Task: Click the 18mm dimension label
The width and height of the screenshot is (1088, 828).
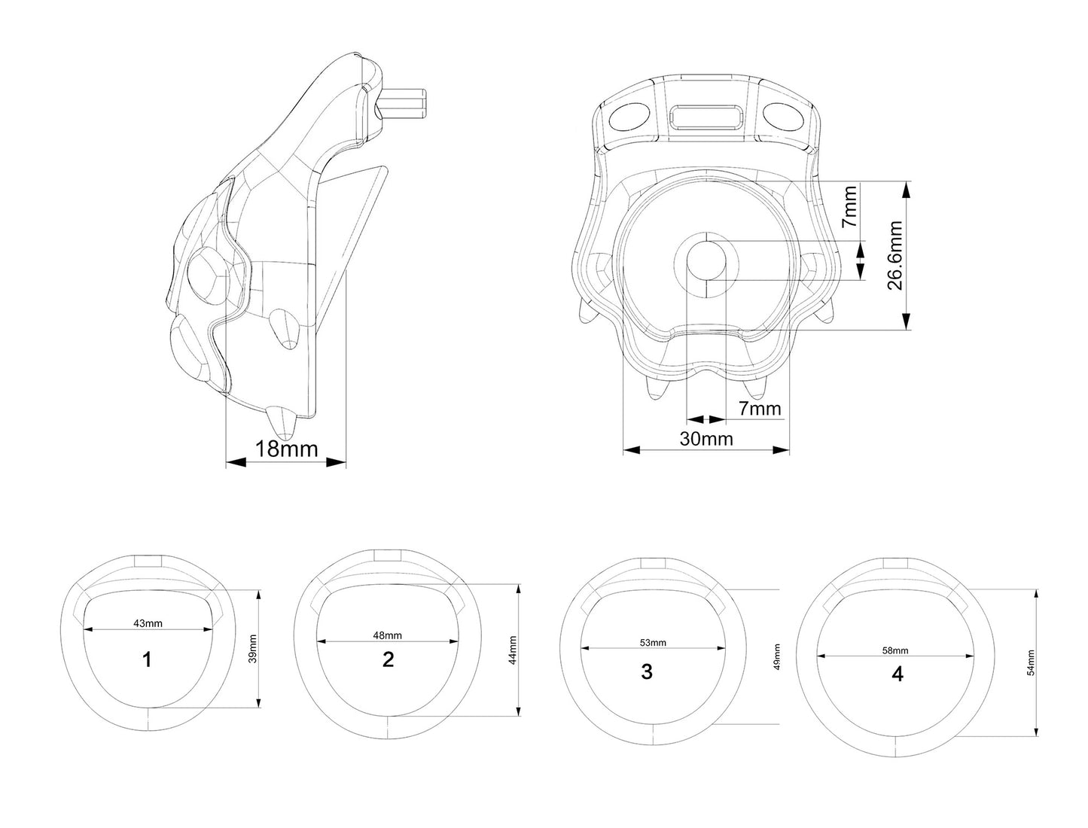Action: coord(286,449)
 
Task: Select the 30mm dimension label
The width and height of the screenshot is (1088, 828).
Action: coord(706,438)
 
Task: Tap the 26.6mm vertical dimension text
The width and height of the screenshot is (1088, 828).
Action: coord(894,255)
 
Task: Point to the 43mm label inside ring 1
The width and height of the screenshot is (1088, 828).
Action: coord(148,623)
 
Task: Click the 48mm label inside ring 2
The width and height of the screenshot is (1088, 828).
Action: coord(387,635)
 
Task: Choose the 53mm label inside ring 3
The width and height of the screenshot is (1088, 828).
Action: coord(652,643)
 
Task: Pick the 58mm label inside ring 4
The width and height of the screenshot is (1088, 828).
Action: coord(894,650)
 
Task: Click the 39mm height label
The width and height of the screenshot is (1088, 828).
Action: coord(253,649)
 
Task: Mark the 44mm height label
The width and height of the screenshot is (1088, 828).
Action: coord(513,650)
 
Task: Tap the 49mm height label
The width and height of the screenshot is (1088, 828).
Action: coord(776,656)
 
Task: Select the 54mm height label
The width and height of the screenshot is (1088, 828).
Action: coord(1031,662)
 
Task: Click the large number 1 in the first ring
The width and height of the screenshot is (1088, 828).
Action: coord(147,659)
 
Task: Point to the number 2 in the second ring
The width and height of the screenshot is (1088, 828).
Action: coord(388,659)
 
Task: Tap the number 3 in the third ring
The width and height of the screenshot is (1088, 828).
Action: coord(646,671)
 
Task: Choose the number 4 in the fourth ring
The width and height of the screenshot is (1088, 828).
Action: coord(898,674)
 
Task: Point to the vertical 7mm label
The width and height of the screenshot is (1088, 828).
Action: coord(849,206)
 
